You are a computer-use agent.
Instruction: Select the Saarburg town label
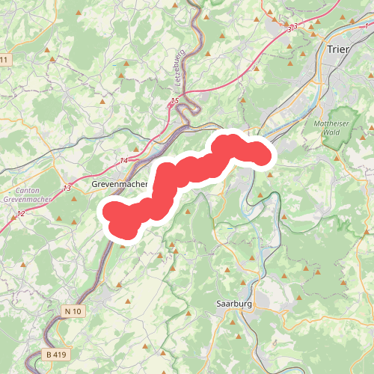[x=234, y=304]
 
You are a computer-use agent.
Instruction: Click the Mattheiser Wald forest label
[x=326, y=127]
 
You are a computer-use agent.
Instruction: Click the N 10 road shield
[x=73, y=311]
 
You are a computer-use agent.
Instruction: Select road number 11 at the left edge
[x=4, y=59]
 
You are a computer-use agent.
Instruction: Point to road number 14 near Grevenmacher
[x=123, y=161]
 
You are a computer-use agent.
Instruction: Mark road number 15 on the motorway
[x=174, y=101]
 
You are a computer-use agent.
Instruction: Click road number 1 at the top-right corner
[x=367, y=26]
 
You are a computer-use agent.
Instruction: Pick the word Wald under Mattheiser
[x=328, y=132]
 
